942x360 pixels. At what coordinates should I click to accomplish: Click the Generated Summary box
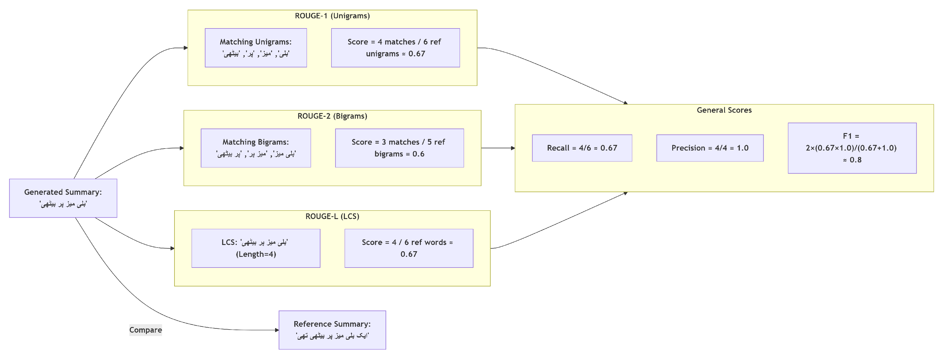(x=63, y=198)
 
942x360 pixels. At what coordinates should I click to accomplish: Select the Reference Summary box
(x=332, y=330)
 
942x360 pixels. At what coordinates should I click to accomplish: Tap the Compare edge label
(x=145, y=330)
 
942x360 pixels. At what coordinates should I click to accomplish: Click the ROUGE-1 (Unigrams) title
(x=332, y=16)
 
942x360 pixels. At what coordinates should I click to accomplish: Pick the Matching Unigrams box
(x=256, y=48)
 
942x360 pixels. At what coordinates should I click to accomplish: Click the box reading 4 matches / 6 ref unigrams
(x=395, y=48)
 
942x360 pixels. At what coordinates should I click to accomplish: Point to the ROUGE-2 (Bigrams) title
(x=332, y=116)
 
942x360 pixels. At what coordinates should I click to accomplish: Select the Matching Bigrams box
(x=256, y=148)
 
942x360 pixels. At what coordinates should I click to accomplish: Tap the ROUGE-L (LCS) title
(x=332, y=216)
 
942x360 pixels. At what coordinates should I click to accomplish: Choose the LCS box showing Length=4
(x=256, y=248)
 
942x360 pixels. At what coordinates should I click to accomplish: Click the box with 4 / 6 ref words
(x=408, y=248)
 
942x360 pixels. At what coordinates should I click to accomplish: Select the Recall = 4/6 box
(x=582, y=148)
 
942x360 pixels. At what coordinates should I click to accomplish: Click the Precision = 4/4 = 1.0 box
(x=709, y=148)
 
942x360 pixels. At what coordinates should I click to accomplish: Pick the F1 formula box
(x=852, y=148)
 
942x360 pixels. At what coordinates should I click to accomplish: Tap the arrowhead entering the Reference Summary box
(x=277, y=330)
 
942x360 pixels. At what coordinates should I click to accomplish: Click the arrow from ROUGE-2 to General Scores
(x=497, y=148)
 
